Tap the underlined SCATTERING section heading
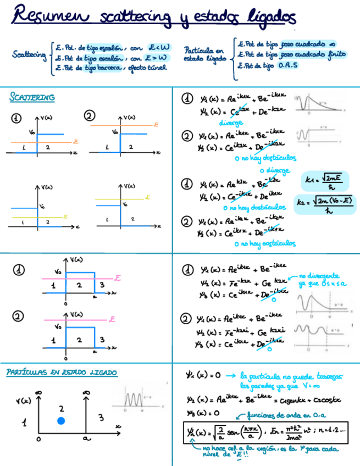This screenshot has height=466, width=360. pos(32,98)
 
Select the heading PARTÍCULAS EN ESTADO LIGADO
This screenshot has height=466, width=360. pos(62,373)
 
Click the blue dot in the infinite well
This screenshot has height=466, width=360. pos(61,421)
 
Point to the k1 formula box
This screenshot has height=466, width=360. pos(323,181)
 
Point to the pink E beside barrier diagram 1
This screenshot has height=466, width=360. pos(117,279)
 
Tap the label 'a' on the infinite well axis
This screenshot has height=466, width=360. pos(86,439)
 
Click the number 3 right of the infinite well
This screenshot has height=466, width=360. pos(101,418)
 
